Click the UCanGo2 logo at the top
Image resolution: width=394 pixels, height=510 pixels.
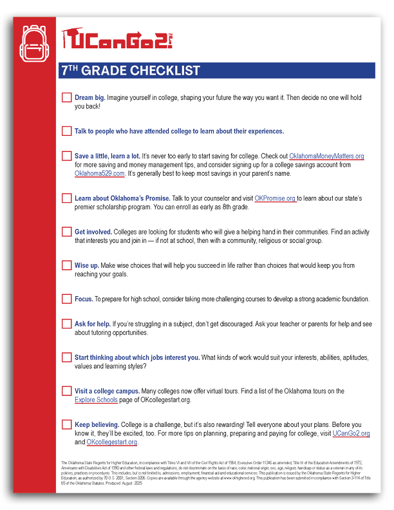coord(117,41)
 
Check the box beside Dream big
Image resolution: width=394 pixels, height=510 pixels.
coord(66,97)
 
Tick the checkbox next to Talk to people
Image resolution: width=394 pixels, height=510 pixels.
coord(66,131)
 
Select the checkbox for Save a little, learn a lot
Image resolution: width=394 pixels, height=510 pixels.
coord(66,156)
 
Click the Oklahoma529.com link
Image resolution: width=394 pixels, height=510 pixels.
coord(99,173)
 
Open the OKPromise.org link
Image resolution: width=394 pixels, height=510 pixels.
coord(275,198)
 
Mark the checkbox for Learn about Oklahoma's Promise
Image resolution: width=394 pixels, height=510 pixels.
coord(66,198)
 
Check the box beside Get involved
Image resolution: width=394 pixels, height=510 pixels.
coord(66,232)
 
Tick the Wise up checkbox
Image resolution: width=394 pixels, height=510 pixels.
coord(66,265)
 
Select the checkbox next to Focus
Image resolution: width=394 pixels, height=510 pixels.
coord(66,299)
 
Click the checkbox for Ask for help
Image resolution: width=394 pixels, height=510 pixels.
coord(66,324)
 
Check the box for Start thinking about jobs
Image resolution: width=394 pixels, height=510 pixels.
coord(66,357)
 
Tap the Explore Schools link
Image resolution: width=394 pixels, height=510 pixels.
coord(96,400)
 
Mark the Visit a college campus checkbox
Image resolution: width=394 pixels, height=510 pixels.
coord(66,391)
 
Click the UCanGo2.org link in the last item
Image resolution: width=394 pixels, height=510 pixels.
coord(351,433)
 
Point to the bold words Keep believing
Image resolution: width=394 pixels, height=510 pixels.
coord(97,425)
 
